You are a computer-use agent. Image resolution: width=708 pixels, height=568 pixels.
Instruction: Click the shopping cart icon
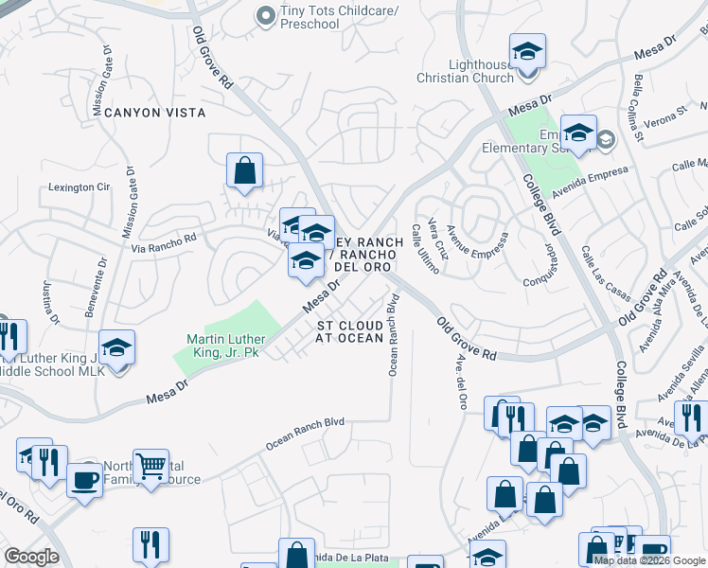pos(150,464)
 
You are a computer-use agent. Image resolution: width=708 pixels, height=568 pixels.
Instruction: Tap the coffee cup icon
pos(84,479)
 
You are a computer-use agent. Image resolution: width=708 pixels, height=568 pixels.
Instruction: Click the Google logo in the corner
pos(31,557)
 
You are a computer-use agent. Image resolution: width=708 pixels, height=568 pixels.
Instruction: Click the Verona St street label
pos(667,116)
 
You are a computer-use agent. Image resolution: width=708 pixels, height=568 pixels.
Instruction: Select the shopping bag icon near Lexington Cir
pos(244,171)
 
